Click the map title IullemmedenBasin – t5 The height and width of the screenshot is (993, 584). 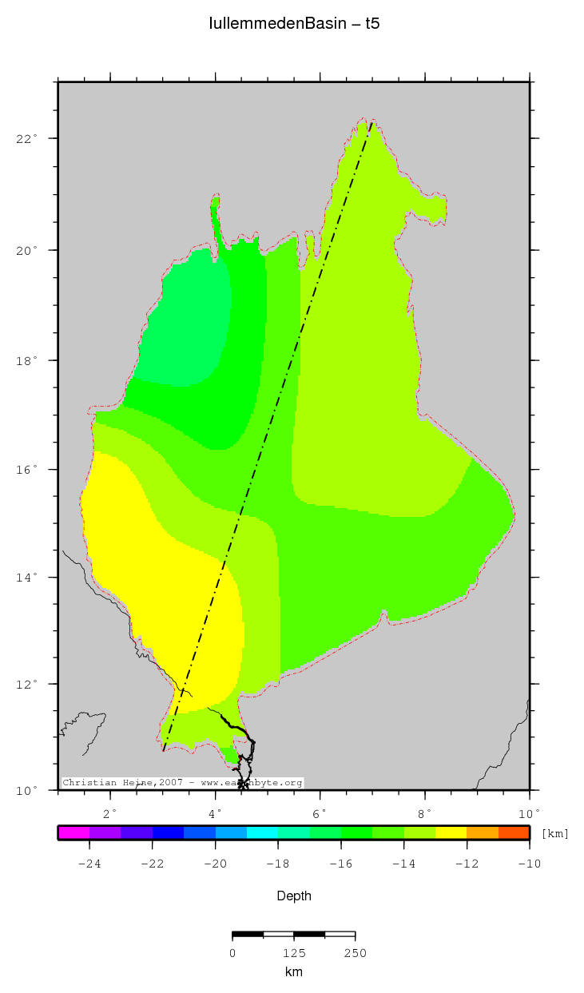pyautogui.click(x=294, y=24)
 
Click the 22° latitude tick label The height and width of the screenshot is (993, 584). pyautogui.click(x=29, y=139)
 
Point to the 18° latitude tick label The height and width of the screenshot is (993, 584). pyautogui.click(x=29, y=361)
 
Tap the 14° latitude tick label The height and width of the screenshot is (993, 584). pyautogui.click(x=29, y=578)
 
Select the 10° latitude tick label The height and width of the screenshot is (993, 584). pyautogui.click(x=29, y=791)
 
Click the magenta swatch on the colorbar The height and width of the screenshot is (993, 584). pyautogui.click(x=73, y=832)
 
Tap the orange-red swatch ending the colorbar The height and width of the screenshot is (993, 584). pyautogui.click(x=514, y=832)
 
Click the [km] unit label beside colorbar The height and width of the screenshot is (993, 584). pyautogui.click(x=555, y=834)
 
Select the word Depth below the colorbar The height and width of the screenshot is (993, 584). pyautogui.click(x=294, y=896)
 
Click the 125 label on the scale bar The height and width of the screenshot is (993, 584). pyautogui.click(x=294, y=952)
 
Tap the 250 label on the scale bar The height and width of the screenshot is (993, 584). pyautogui.click(x=355, y=952)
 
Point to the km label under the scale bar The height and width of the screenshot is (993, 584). pyautogui.click(x=294, y=972)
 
